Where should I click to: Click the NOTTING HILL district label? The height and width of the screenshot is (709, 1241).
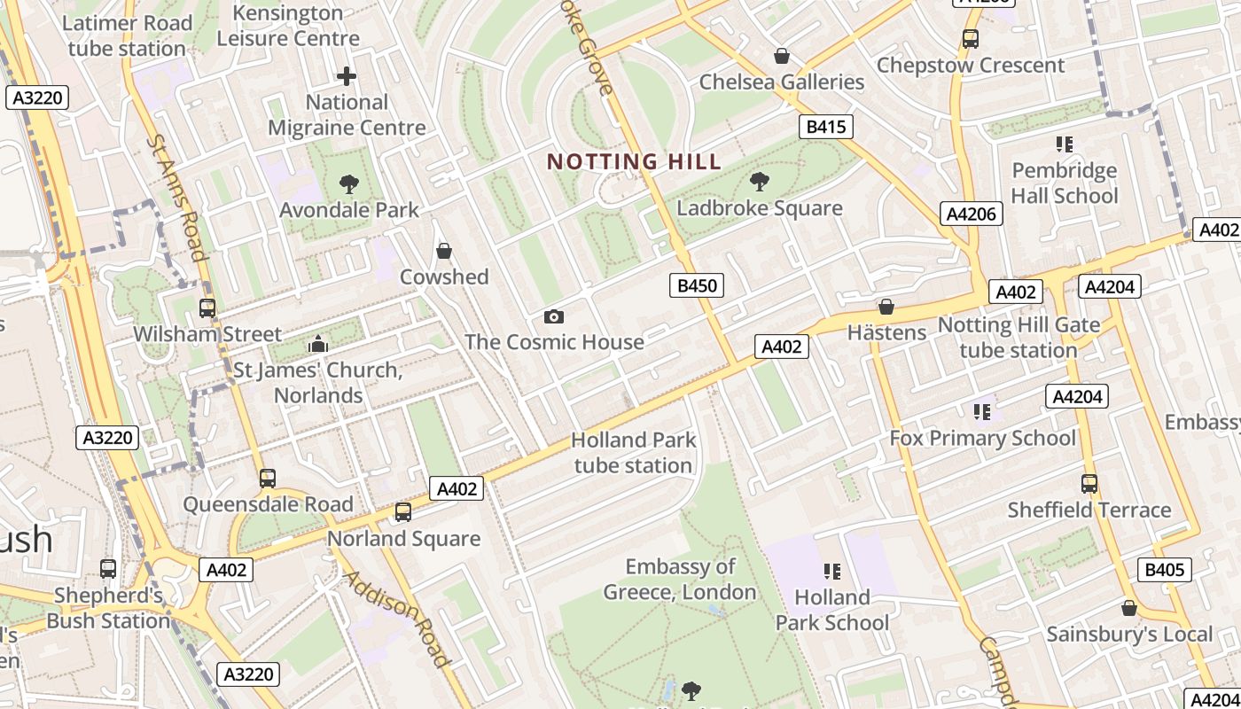coord(634,161)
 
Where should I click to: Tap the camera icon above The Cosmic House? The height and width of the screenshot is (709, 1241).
coord(554,316)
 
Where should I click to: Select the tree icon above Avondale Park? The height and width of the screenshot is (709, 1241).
coord(348,184)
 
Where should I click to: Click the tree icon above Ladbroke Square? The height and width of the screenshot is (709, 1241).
coord(759,182)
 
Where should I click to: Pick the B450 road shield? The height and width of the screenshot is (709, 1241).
coord(696,285)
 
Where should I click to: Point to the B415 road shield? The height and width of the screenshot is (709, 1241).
coord(825,127)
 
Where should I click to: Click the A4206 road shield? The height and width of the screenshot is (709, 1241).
coord(972,214)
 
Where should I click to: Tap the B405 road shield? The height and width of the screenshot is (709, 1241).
coord(1164,570)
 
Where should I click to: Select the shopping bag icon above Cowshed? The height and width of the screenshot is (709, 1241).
coord(444,251)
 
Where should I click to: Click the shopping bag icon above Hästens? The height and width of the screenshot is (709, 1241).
coord(886,307)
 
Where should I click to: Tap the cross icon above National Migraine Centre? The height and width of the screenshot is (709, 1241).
coord(347,76)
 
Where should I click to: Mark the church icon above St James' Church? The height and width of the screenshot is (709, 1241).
coord(317,344)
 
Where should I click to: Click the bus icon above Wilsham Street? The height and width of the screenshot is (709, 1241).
coord(207,308)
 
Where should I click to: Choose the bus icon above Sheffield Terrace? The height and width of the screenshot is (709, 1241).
coord(1089,484)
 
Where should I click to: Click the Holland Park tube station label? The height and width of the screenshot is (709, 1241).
coord(633,452)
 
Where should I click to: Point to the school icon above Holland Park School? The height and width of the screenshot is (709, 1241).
coord(831,571)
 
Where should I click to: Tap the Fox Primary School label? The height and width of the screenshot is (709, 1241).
coord(982,438)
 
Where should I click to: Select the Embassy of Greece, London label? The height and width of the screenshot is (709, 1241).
coord(680,579)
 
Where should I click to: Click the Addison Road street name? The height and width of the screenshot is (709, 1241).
coord(397,618)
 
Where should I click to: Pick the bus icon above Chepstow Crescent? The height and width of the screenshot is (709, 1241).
coord(971,39)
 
